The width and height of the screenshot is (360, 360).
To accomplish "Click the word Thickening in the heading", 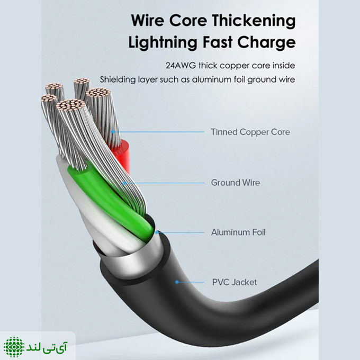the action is point(254,21).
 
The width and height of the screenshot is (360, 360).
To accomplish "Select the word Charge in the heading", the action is point(266,43).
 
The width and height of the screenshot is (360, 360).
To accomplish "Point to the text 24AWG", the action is point(181,66).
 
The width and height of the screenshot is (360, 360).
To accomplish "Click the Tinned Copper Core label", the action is point(250,132).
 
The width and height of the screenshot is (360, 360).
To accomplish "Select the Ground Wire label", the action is point(236,183).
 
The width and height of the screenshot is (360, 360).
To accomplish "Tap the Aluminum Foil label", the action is point(238,232).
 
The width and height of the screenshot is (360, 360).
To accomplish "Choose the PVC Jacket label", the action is point(235,282).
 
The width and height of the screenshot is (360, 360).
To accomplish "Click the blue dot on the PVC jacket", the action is point(176,282).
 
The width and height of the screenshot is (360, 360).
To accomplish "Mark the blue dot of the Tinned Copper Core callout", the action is point(113,131).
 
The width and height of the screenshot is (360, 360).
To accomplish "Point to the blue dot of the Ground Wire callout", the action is point(124,183).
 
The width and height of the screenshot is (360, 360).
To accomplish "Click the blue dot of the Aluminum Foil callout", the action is point(157,232).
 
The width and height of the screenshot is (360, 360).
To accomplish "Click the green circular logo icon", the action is point(14,347).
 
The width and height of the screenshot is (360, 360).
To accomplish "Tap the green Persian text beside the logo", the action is point(47,347).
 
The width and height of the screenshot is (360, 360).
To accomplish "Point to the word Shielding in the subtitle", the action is point(117,80).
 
